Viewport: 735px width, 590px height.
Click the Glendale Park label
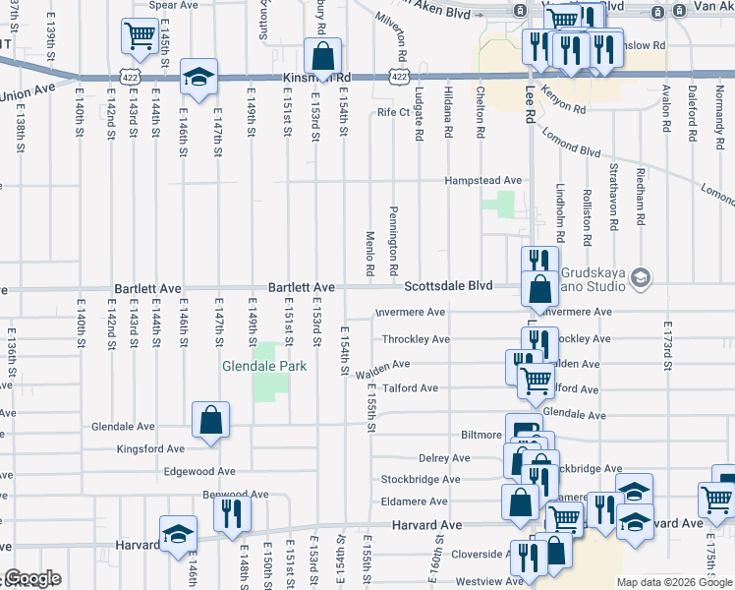click(264, 366)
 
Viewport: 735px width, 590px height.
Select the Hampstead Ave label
click(482, 181)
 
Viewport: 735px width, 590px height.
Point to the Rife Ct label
click(393, 113)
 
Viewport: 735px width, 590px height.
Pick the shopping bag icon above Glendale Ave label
click(211, 420)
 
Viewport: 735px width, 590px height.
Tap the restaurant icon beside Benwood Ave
click(233, 513)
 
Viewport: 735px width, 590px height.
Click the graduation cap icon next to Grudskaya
click(642, 278)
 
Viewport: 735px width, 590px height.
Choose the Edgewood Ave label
click(199, 472)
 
